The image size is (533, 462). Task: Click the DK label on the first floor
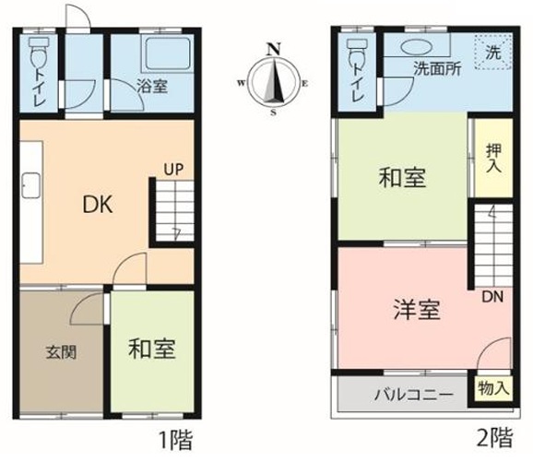tap(98, 205)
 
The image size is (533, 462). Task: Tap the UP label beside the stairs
tap(173, 170)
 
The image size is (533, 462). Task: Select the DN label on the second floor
tap(492, 297)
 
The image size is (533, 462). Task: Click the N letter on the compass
tap(274, 50)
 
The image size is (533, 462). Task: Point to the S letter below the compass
tap(273, 113)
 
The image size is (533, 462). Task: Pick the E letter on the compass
tap(305, 83)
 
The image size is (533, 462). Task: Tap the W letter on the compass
tap(242, 83)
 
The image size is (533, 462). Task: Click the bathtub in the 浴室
tap(168, 53)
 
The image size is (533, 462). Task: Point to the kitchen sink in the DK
tap(31, 185)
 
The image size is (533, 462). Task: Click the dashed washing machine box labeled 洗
tap(493, 52)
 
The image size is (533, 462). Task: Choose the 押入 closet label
tap(493, 158)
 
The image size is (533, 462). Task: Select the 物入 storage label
tap(493, 388)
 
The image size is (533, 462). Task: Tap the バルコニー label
tap(414, 395)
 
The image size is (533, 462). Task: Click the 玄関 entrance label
tap(61, 352)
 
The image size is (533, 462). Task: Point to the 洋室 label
tap(417, 309)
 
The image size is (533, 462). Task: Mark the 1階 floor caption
tap(176, 440)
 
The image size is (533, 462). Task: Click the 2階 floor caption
tap(494, 438)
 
